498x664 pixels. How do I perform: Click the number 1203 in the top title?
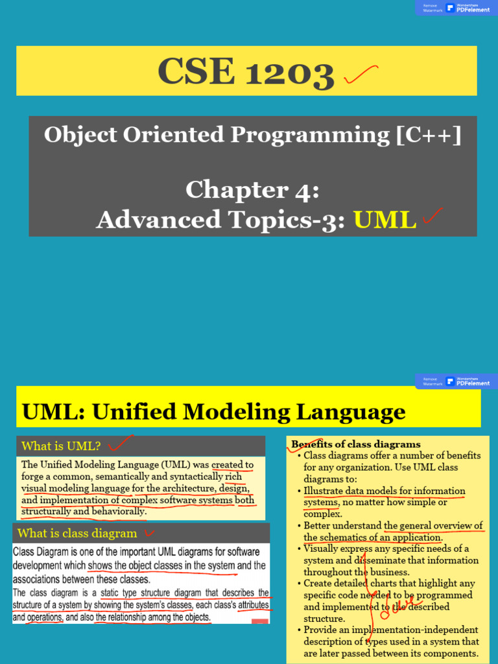289,72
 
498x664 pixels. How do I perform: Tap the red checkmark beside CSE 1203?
361,75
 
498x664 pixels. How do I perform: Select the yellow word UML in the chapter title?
385,220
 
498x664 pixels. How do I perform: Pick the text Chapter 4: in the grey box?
252,190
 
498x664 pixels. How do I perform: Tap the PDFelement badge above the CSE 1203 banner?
468,8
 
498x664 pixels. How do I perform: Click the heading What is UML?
61,446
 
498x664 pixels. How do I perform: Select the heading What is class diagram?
77,534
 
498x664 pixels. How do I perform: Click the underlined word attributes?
254,605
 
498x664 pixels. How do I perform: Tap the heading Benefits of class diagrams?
356,444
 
